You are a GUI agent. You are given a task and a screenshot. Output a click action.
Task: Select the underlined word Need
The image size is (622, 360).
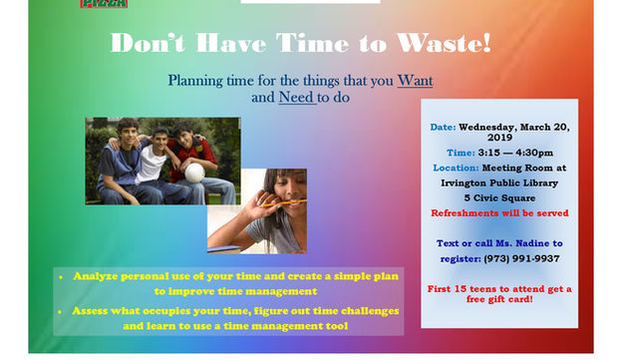296,98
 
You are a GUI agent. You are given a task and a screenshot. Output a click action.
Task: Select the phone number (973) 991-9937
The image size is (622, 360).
517,258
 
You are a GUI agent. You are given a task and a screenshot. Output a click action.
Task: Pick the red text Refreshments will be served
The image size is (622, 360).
499,213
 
